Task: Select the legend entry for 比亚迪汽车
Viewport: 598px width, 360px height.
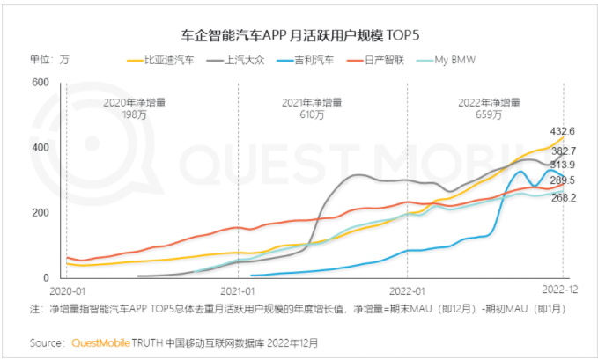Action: tap(169, 60)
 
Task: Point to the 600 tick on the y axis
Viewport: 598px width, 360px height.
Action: tap(39, 83)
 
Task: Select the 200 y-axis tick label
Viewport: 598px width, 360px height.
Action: tap(39, 213)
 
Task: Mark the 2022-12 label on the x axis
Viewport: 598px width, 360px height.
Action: tap(557, 290)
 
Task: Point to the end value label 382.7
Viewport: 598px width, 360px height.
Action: tap(564, 151)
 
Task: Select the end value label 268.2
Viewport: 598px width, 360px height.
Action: tap(564, 198)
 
